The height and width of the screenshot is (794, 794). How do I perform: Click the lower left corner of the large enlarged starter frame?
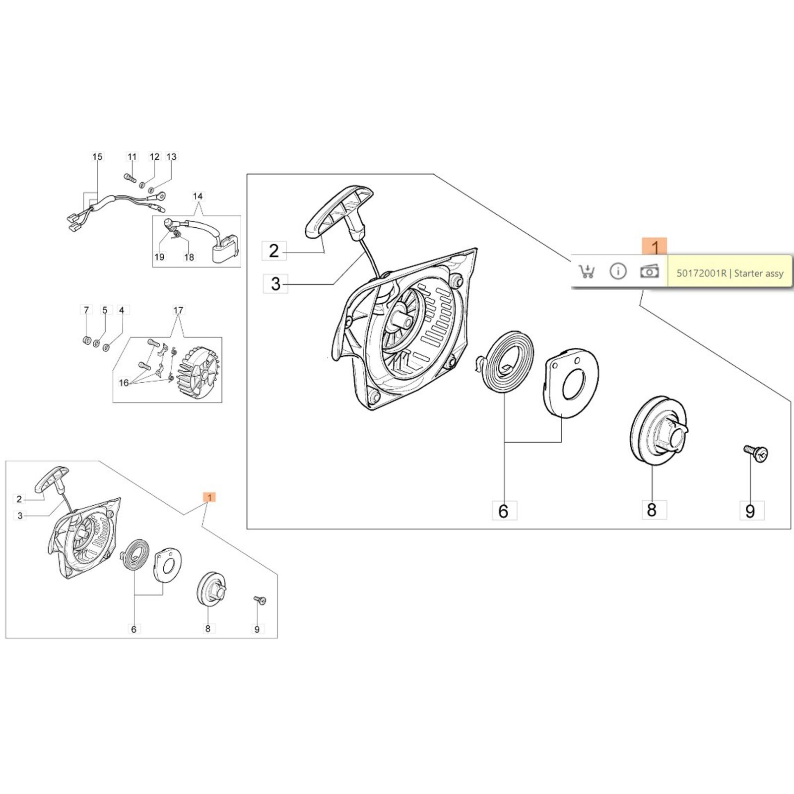(247, 529)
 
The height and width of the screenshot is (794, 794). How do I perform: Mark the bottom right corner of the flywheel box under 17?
(222, 402)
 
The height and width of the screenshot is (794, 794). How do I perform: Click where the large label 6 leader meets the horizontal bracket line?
(504, 441)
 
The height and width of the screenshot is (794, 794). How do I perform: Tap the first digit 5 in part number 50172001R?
(679, 273)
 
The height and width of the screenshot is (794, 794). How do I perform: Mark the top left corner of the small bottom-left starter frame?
(6, 461)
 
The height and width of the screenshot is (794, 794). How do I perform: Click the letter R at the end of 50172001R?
(724, 273)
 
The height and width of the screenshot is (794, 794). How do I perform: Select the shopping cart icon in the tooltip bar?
(587, 271)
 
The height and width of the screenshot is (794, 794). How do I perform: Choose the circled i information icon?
(618, 271)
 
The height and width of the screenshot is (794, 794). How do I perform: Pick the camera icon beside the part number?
(649, 271)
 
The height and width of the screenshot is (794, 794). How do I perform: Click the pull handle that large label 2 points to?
(338, 214)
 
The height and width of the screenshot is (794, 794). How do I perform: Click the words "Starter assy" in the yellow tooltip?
(759, 273)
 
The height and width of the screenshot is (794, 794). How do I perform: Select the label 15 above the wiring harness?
(97, 157)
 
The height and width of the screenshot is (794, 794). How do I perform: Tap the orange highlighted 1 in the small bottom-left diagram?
(210, 497)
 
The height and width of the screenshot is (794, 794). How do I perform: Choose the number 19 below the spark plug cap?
(159, 257)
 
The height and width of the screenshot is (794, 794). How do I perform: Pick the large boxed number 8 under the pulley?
(652, 510)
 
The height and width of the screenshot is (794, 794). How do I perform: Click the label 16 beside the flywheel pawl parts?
(124, 383)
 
